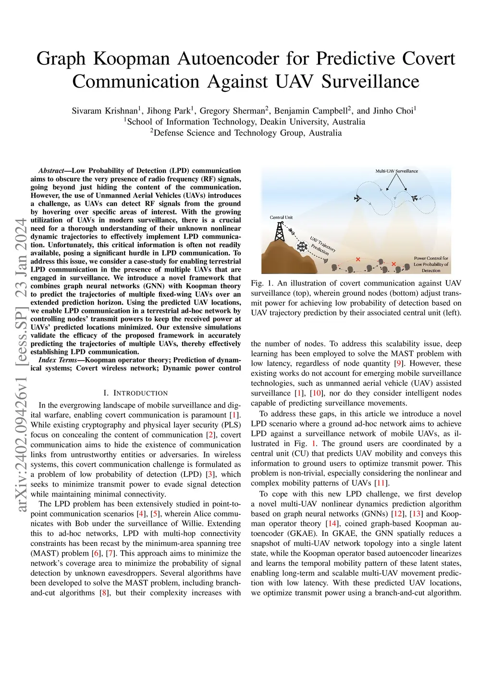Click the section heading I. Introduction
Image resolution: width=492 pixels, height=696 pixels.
point(135,393)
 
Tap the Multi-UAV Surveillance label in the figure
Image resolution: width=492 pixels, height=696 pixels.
point(396,171)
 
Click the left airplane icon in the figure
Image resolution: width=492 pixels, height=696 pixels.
point(358,198)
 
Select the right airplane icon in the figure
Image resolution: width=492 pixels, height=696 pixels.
point(415,198)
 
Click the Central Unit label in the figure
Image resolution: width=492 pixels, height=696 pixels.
point(281,218)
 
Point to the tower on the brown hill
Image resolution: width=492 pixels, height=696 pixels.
point(279,233)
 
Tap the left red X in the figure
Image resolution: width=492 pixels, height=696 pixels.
point(357,259)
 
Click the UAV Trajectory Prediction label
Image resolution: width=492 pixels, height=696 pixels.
point(321,246)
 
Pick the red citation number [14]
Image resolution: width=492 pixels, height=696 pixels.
point(332,523)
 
